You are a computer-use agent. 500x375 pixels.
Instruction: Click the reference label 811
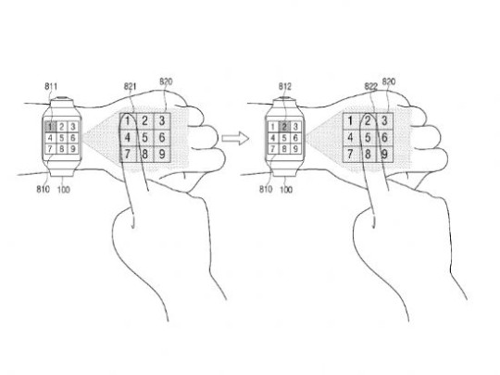pyautogui.click(x=51, y=86)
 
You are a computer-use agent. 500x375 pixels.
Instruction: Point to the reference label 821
pyautogui.click(x=131, y=86)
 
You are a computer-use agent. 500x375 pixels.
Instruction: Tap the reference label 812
pyautogui.click(x=285, y=86)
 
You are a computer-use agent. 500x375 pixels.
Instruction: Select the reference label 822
pyautogui.click(x=371, y=86)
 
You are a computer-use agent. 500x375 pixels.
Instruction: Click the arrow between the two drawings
pyautogui.click(x=235, y=138)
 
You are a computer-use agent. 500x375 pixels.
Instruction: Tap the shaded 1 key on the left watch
pyautogui.click(x=50, y=127)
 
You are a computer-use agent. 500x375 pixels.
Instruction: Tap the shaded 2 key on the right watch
pyautogui.click(x=284, y=127)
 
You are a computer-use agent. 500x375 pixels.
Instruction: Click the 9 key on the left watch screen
pyautogui.click(x=73, y=148)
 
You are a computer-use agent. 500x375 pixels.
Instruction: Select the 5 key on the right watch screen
pyautogui.click(x=284, y=138)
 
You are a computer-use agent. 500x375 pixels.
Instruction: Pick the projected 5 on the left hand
pyautogui.click(x=144, y=137)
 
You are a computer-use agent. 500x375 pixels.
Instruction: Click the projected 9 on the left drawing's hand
pyautogui.click(x=162, y=154)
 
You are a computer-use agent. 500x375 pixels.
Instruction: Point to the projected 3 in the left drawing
pyautogui.click(x=162, y=121)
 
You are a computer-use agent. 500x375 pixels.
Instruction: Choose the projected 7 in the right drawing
pyautogui.click(x=350, y=154)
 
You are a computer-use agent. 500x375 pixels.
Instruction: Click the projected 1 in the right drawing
pyautogui.click(x=350, y=121)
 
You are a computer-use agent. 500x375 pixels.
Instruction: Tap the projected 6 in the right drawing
pyautogui.click(x=384, y=137)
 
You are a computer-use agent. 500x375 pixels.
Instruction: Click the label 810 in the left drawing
pyautogui.click(x=43, y=190)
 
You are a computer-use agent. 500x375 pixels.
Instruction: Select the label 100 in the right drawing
pyautogui.click(x=286, y=190)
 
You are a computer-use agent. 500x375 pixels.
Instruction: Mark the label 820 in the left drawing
pyautogui.click(x=166, y=81)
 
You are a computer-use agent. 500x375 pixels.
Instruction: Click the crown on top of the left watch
pyautogui.click(x=62, y=98)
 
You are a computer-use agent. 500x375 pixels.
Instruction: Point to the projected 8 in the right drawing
pyautogui.click(x=368, y=154)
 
